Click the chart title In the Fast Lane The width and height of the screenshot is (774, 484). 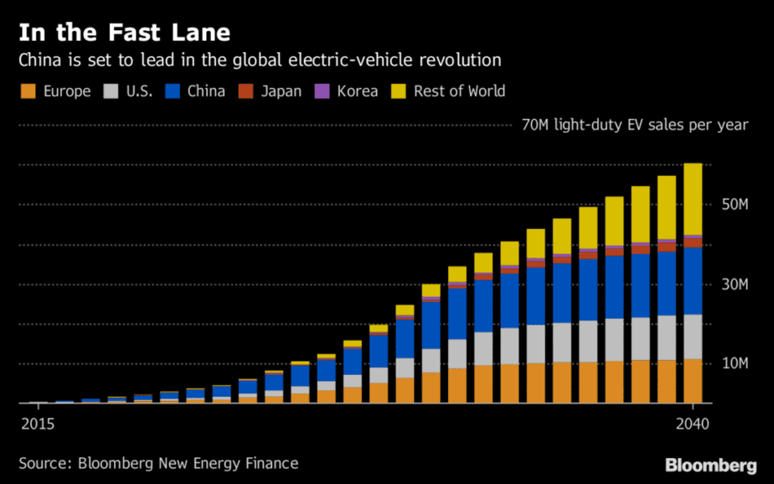[125, 33]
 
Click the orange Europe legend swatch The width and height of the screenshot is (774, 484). [28, 91]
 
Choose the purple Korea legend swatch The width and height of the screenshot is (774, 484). [322, 91]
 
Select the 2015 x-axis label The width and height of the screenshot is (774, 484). [37, 424]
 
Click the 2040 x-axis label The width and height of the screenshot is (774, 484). [692, 424]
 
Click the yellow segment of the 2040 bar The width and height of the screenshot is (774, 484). [693, 199]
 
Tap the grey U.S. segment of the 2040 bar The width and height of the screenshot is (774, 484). [693, 336]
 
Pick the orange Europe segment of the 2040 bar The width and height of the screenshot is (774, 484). [693, 381]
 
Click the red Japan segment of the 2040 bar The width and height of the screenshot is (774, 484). [693, 242]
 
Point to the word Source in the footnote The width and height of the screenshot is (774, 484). [44, 463]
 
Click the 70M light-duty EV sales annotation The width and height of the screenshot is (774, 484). [635, 125]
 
